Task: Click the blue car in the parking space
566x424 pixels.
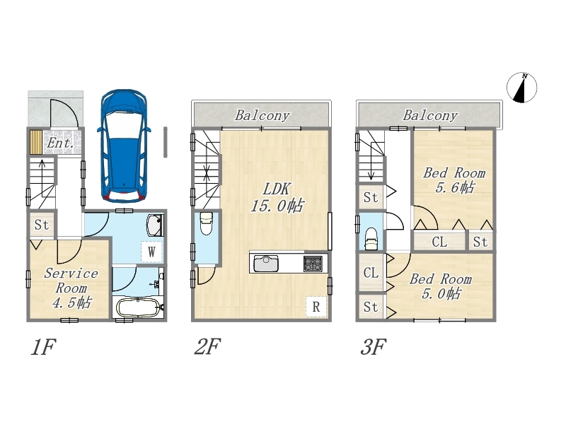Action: [124, 146]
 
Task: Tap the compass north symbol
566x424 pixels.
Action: [521, 88]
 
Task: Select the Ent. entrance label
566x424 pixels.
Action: [60, 143]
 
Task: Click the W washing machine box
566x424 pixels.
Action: [151, 252]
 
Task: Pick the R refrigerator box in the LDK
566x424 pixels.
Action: [316, 307]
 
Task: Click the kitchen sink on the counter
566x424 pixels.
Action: [266, 263]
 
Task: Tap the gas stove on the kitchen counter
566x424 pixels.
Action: [313, 263]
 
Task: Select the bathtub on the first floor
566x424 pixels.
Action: [138, 308]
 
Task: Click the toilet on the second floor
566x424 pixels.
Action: [206, 223]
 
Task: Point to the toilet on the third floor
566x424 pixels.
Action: [371, 239]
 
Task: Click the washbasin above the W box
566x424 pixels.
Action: [155, 225]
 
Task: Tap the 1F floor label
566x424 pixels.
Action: [43, 347]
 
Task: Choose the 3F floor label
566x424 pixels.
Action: [374, 347]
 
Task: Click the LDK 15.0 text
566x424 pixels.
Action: [277, 198]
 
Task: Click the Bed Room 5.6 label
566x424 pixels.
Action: [454, 180]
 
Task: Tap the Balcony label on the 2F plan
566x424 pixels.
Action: [262, 115]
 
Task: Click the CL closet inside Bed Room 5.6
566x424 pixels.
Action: [439, 242]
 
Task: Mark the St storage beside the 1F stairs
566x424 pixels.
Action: [42, 225]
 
